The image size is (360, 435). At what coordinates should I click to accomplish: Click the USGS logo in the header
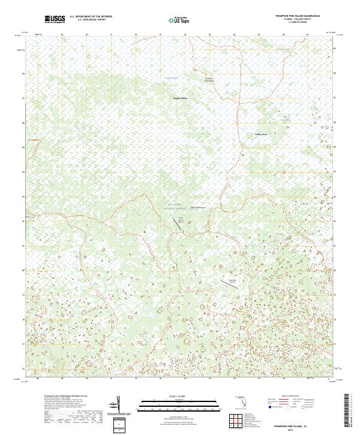tap(55, 20)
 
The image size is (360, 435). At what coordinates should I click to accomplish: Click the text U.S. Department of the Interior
tap(90, 17)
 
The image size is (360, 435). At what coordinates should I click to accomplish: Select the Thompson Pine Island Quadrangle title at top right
tap(298, 16)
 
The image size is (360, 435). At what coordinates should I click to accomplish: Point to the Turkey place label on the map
tap(260, 134)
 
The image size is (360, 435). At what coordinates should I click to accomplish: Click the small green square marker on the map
tap(242, 155)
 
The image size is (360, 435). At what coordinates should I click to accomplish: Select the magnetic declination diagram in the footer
tap(119, 407)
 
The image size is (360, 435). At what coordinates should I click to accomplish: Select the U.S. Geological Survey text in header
tap(91, 20)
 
